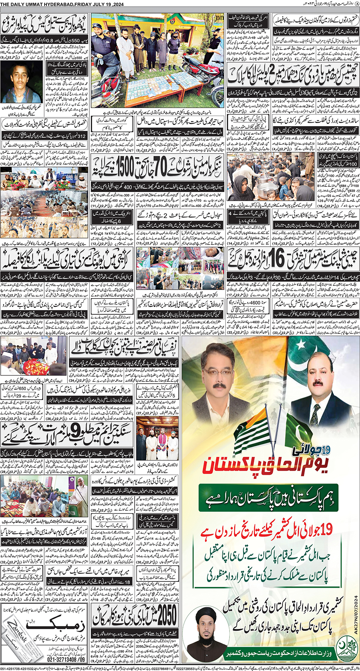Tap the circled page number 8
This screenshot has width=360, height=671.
tap(357, 4)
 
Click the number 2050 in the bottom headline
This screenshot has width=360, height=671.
tap(166, 615)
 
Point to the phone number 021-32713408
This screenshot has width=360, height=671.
tap(66, 659)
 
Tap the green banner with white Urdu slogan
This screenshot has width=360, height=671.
tap(268, 498)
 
